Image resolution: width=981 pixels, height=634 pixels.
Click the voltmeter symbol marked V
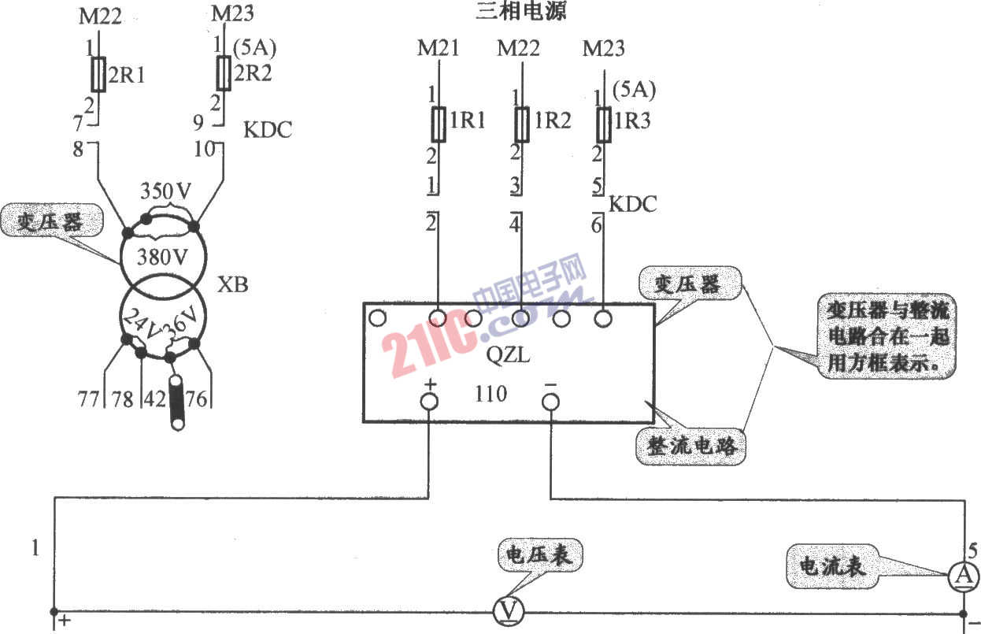(x=509, y=611)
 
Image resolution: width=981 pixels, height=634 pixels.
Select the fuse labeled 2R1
(x=98, y=74)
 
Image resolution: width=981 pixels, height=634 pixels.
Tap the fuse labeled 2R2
(x=224, y=73)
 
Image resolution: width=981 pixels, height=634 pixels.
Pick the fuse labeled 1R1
(x=439, y=124)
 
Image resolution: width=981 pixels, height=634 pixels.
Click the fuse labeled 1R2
(x=521, y=124)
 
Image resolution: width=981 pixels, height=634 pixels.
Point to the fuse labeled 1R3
(x=604, y=124)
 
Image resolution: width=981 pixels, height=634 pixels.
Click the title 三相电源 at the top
(x=520, y=11)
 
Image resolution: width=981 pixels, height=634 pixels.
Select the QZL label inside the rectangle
(x=508, y=355)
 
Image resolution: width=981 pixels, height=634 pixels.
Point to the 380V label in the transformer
(x=162, y=258)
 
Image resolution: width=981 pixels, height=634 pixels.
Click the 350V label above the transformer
(x=165, y=191)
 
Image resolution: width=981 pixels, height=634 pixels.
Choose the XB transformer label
(x=232, y=285)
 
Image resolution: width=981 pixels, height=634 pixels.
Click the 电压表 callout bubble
(x=540, y=555)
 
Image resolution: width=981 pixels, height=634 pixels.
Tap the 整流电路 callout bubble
(x=690, y=446)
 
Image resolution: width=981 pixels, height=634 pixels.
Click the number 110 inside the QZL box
(x=491, y=394)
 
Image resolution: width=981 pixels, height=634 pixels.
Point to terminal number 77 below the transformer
(x=88, y=399)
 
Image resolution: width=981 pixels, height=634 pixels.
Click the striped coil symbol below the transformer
(x=177, y=403)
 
